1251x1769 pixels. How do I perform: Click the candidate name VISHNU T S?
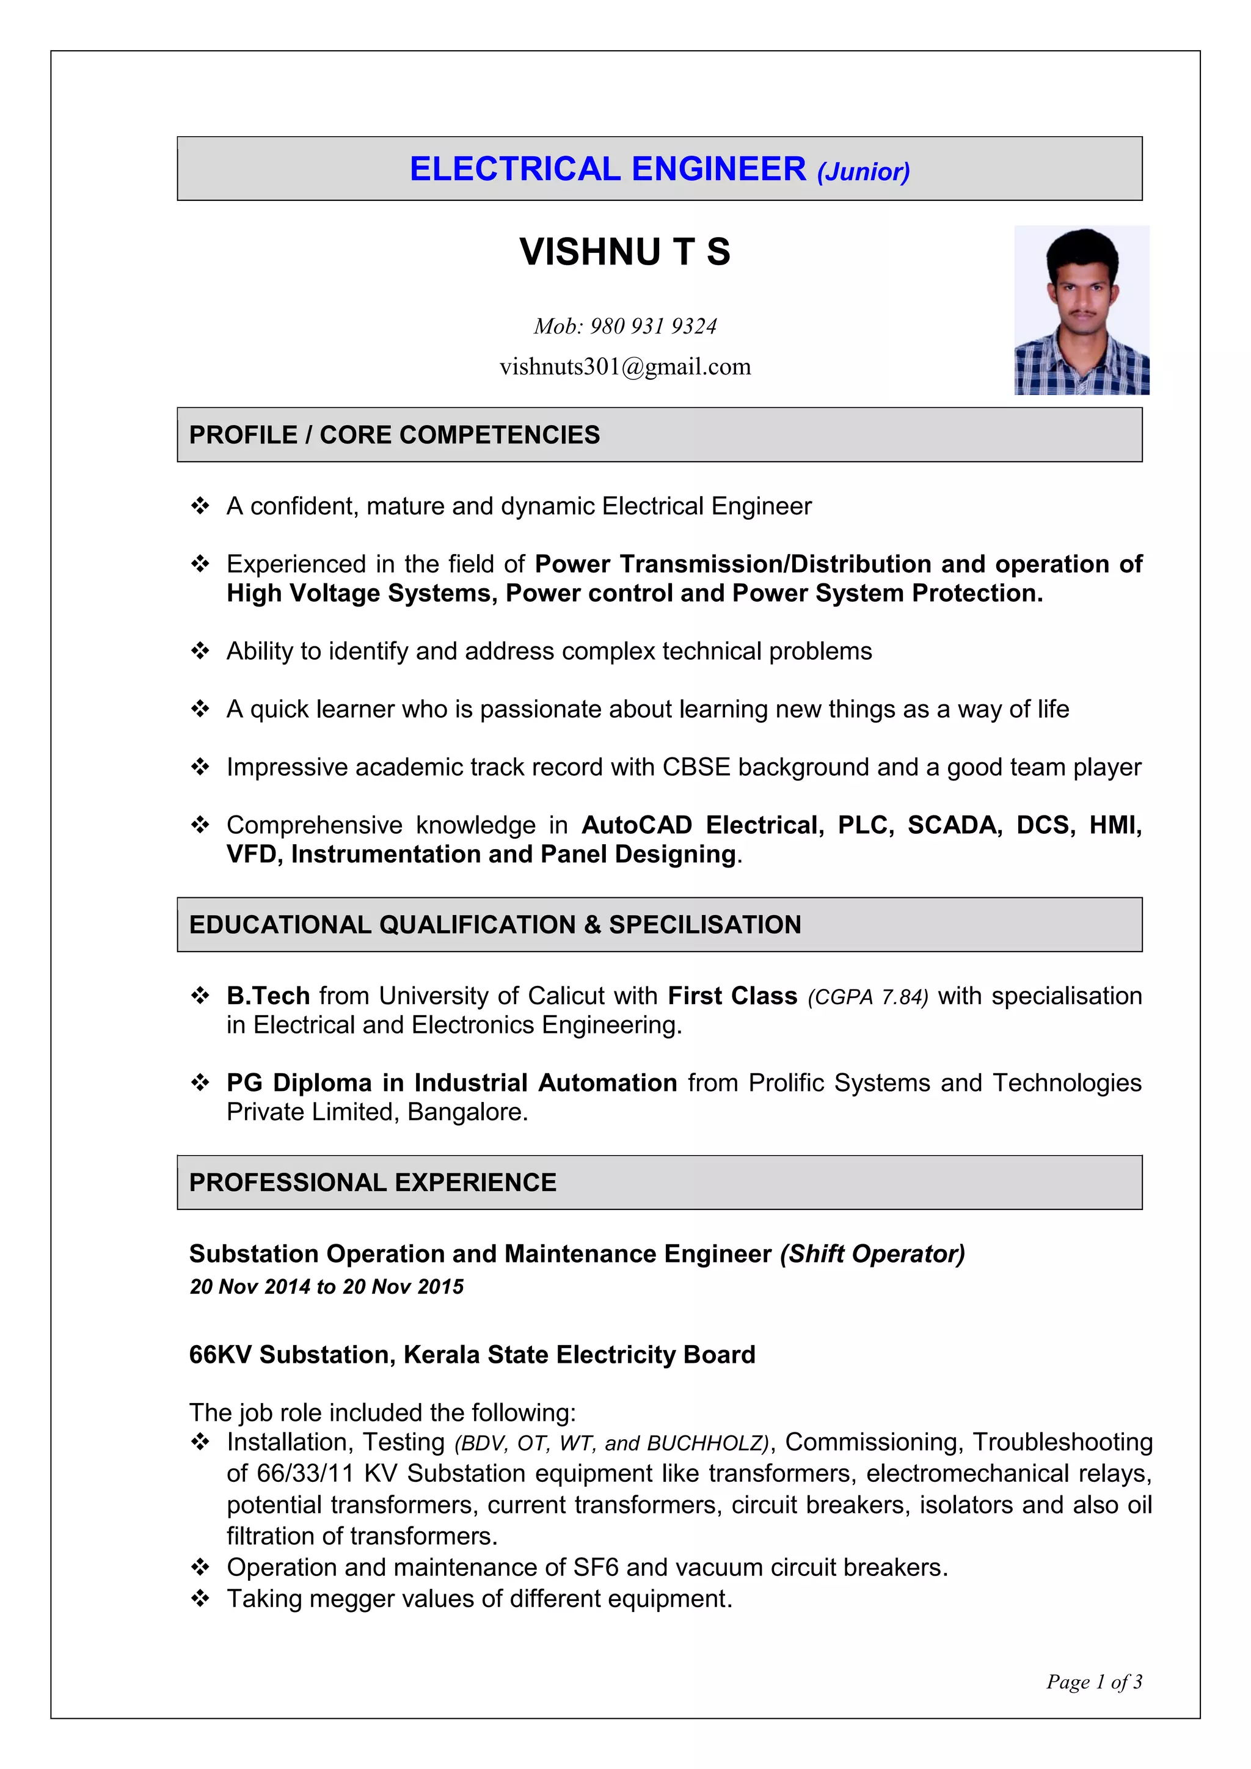tap(625, 252)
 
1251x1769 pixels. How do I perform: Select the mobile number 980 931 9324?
tap(653, 327)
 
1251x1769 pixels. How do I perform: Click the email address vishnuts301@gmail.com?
tap(625, 367)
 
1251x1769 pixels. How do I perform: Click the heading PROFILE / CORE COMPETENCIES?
tap(395, 436)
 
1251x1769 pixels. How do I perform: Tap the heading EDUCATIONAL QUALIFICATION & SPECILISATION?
tap(495, 925)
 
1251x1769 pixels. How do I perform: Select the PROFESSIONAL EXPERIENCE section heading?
tap(373, 1183)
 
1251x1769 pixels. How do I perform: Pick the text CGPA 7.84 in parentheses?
tap(867, 998)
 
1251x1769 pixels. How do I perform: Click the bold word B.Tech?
tap(268, 996)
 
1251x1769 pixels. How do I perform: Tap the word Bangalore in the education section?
tap(466, 1112)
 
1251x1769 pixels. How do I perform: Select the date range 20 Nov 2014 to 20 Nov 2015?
tap(327, 1286)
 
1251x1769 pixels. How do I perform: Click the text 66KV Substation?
tap(291, 1354)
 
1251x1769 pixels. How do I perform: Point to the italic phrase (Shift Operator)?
tap(872, 1254)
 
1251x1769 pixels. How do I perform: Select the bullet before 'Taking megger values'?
tap(200, 1599)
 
